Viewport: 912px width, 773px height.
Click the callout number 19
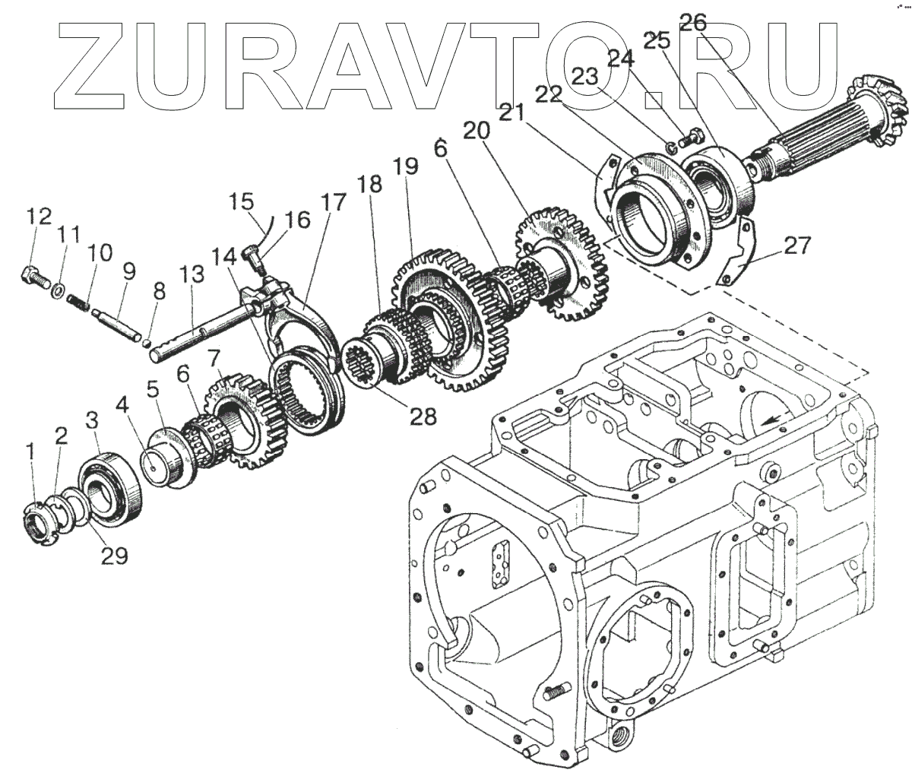406,166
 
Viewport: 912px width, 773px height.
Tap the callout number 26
694,23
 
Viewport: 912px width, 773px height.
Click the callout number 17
333,204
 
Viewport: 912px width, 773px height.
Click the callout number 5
154,391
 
